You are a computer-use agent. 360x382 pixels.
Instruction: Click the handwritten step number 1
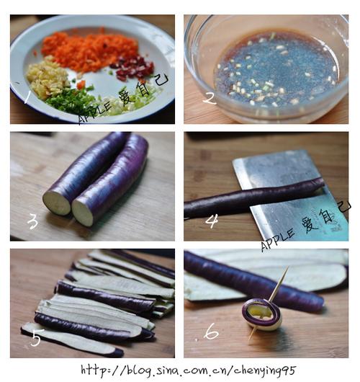[x=27, y=97]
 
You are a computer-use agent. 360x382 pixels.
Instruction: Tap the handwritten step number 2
[x=209, y=99]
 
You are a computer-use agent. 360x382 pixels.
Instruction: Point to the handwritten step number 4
[x=212, y=221]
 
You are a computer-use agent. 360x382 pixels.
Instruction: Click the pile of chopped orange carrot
[x=89, y=51]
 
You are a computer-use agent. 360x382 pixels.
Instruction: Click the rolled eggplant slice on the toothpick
[x=262, y=314]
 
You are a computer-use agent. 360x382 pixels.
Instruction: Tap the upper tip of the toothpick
[x=288, y=267]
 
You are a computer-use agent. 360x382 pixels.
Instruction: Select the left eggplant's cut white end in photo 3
[x=57, y=203]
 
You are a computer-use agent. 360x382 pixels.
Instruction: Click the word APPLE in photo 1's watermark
[x=94, y=112]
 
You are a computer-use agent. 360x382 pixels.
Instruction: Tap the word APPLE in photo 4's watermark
[x=277, y=240]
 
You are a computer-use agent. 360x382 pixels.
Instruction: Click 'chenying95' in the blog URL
[x=265, y=370]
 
